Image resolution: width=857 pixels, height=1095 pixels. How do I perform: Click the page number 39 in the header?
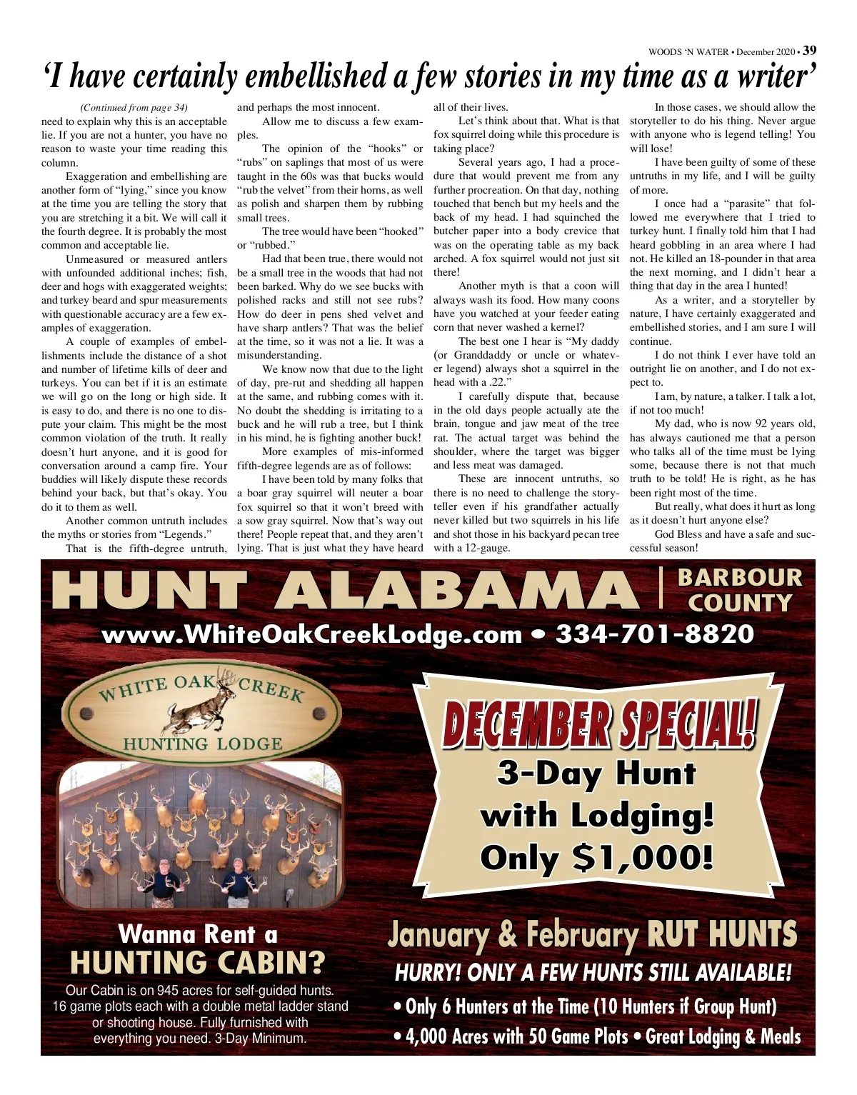click(809, 51)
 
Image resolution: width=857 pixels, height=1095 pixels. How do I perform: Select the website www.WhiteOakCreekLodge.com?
click(312, 634)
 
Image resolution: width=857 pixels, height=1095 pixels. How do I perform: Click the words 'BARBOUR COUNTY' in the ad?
click(740, 590)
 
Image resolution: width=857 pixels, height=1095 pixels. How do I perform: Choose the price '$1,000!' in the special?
click(643, 857)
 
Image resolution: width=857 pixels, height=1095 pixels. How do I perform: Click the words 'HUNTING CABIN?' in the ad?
click(197, 964)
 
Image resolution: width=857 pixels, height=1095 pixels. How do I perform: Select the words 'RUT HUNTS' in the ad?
click(721, 935)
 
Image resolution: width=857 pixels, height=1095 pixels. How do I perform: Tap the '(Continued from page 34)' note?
click(134, 108)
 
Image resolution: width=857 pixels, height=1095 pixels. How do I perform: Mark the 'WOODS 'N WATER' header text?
click(688, 52)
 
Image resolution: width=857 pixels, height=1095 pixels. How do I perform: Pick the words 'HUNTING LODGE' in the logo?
click(203, 744)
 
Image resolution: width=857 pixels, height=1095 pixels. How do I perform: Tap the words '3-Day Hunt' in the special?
click(596, 773)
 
